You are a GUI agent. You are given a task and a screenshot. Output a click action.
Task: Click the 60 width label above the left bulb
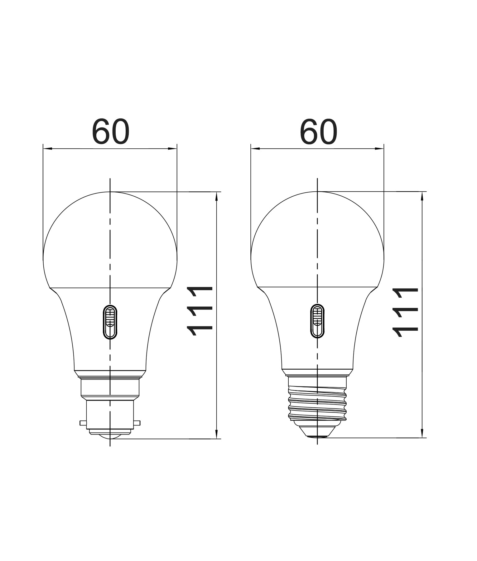click(110, 132)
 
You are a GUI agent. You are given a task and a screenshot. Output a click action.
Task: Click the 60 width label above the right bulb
click(318, 132)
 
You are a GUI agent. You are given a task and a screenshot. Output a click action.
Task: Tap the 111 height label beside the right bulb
click(406, 313)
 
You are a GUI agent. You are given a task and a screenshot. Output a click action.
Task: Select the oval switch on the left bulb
click(110, 322)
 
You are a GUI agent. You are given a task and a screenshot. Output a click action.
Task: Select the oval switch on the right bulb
click(317, 321)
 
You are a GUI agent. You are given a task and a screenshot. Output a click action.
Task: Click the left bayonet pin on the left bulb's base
click(83, 423)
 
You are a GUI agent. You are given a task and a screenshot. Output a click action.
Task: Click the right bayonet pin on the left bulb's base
click(137, 423)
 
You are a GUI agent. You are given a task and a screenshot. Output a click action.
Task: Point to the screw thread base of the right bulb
click(317, 402)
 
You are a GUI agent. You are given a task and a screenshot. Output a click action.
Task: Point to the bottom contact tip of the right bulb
click(317, 436)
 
